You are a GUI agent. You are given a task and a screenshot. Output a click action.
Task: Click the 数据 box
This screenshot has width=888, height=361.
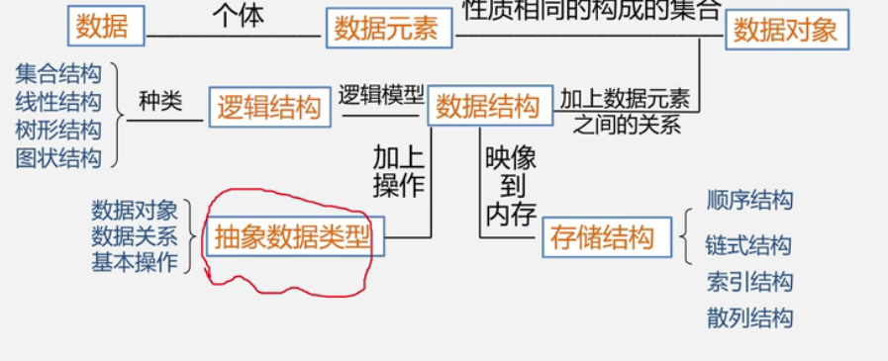coord(107,26)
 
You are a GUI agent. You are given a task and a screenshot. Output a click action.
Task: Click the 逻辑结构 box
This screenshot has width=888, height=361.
coord(269,107)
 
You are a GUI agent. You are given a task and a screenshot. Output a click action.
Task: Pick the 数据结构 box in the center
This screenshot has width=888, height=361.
coord(487,106)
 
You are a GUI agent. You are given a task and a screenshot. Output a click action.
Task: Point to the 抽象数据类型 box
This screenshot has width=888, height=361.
coord(294,237)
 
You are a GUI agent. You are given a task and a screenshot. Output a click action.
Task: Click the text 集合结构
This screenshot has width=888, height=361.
coord(58,73)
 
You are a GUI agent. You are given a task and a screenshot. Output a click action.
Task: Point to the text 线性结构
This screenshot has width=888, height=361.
coord(58,101)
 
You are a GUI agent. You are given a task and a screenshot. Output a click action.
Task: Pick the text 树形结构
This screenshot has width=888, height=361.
coord(58,130)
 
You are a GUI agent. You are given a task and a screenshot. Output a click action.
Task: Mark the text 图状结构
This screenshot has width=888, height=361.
coord(58,158)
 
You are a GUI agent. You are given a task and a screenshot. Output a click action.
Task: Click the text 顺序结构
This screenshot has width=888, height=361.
coord(749,201)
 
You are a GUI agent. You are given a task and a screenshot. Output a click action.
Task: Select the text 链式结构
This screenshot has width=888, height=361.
coord(749,245)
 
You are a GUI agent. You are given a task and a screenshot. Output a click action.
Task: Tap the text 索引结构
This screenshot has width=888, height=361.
coord(749,283)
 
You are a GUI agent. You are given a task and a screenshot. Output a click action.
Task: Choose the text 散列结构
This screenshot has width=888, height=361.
coord(749,317)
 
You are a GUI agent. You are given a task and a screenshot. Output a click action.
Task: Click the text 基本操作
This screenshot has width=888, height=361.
coord(135,262)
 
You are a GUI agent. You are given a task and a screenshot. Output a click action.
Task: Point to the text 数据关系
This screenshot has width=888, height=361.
coord(135,236)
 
